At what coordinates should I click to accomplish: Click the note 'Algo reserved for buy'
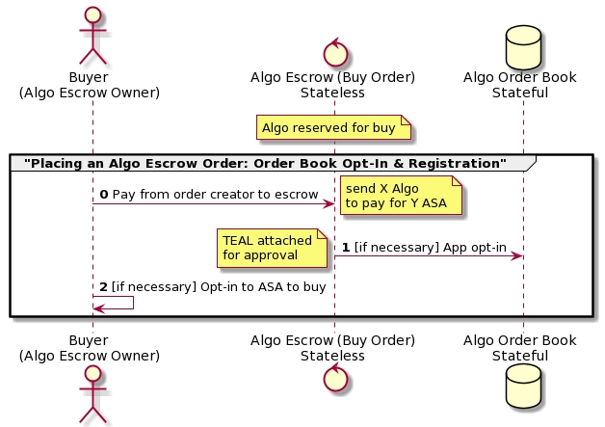(x=328, y=127)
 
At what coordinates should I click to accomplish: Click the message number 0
(x=104, y=195)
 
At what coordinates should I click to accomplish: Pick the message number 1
(x=346, y=248)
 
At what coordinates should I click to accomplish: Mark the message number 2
(x=104, y=286)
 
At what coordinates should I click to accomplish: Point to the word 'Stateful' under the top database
(x=519, y=93)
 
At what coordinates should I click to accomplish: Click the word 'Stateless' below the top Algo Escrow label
(x=332, y=93)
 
